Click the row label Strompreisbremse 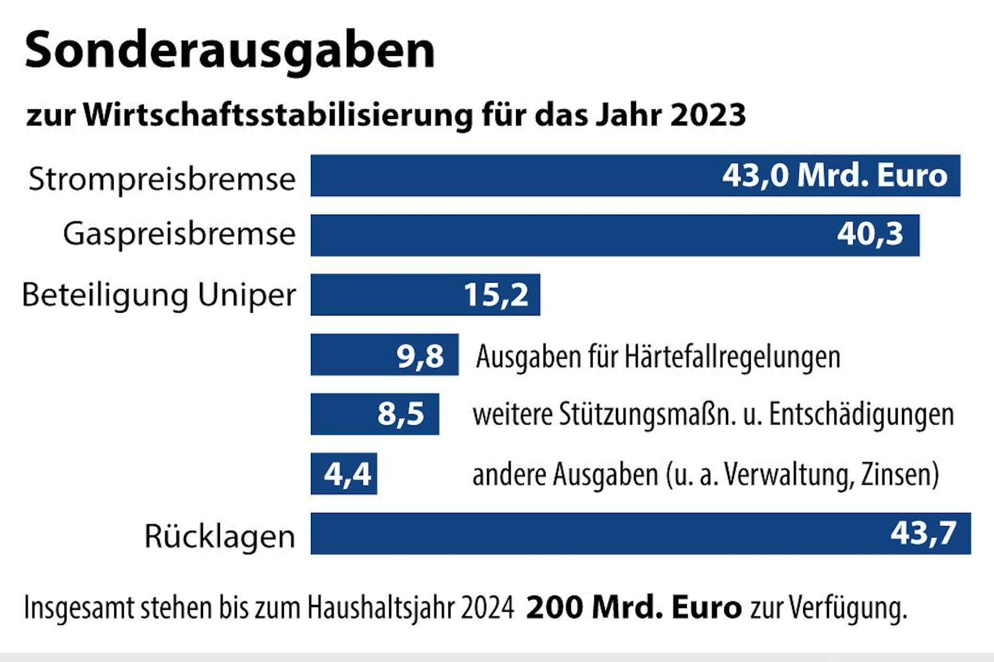[x=162, y=179]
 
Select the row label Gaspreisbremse [x=179, y=234]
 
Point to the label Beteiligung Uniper [x=159, y=295]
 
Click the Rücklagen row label [x=219, y=536]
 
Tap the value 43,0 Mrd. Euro [x=834, y=175]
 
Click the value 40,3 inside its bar [x=870, y=234]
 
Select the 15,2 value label [x=495, y=295]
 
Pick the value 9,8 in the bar [x=420, y=356]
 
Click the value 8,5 [x=400, y=414]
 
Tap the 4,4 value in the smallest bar [x=347, y=474]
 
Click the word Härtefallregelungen [x=732, y=357]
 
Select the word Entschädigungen [x=861, y=415]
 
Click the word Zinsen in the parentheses [x=899, y=474]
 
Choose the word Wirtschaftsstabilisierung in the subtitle [x=278, y=115]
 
